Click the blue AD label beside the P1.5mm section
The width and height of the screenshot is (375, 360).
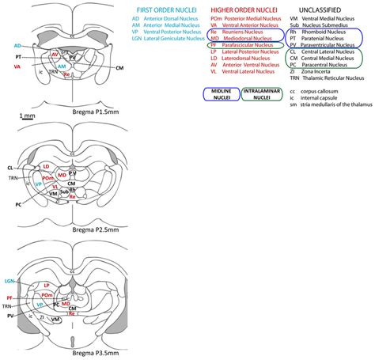(x=17, y=47)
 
